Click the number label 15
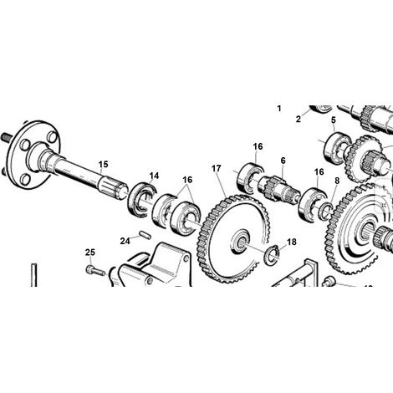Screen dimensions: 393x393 [103, 164]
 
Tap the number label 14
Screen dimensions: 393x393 [154, 176]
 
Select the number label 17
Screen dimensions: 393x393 [216, 169]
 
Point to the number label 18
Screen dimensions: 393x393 [292, 242]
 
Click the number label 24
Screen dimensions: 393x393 [125, 241]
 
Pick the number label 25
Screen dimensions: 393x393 [90, 253]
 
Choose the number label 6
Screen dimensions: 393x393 [283, 161]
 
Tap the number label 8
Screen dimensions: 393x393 [337, 181]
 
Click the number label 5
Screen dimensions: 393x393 [334, 120]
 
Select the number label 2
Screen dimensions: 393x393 [299, 120]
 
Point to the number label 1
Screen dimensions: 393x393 [279, 109]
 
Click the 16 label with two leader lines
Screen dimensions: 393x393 [187, 180]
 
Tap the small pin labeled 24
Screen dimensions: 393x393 [145, 235]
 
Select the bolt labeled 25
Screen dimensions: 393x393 [95, 270]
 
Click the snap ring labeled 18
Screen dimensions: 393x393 [271, 255]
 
